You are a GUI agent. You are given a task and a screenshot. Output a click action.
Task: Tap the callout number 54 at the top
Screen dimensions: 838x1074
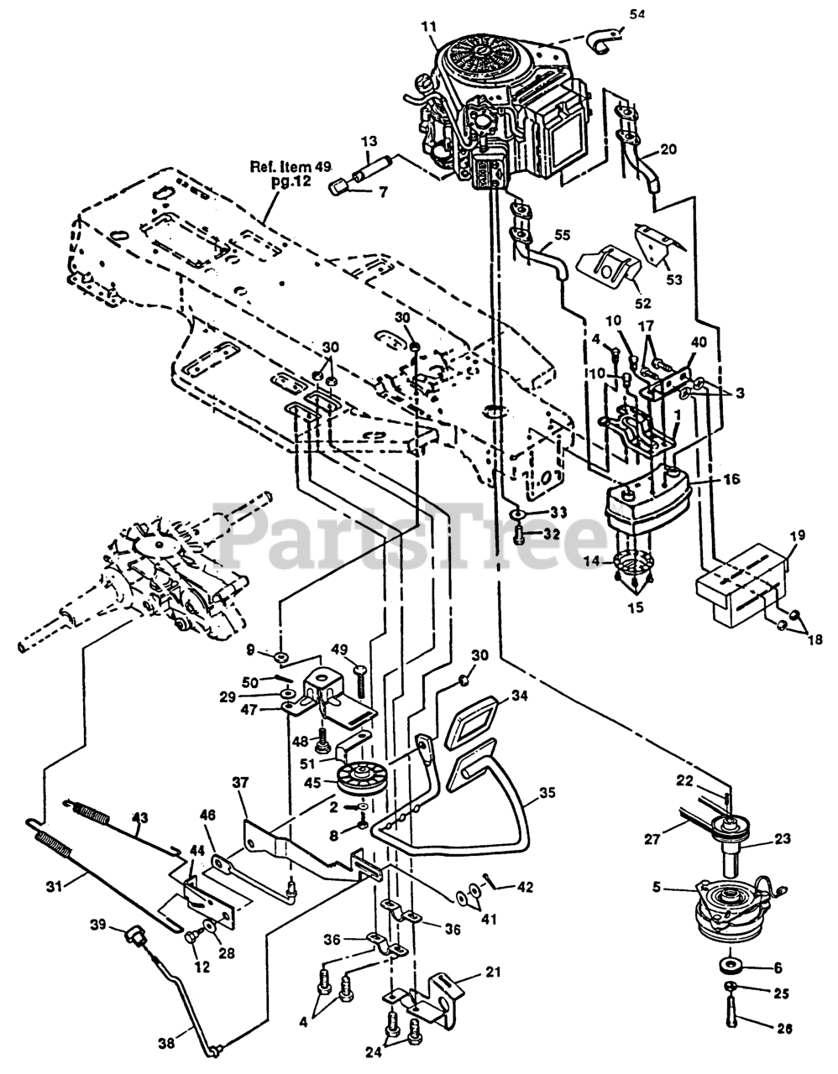point(637,14)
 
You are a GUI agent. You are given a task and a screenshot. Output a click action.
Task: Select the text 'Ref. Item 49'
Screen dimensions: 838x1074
point(291,167)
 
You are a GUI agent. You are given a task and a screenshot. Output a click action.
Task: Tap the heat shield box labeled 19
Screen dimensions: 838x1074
point(743,584)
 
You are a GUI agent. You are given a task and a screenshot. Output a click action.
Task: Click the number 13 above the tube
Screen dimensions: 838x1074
point(369,141)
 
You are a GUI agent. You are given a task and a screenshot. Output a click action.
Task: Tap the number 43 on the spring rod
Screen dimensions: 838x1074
point(140,817)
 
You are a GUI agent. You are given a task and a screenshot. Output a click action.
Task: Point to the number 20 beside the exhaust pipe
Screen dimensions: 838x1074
point(668,149)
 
